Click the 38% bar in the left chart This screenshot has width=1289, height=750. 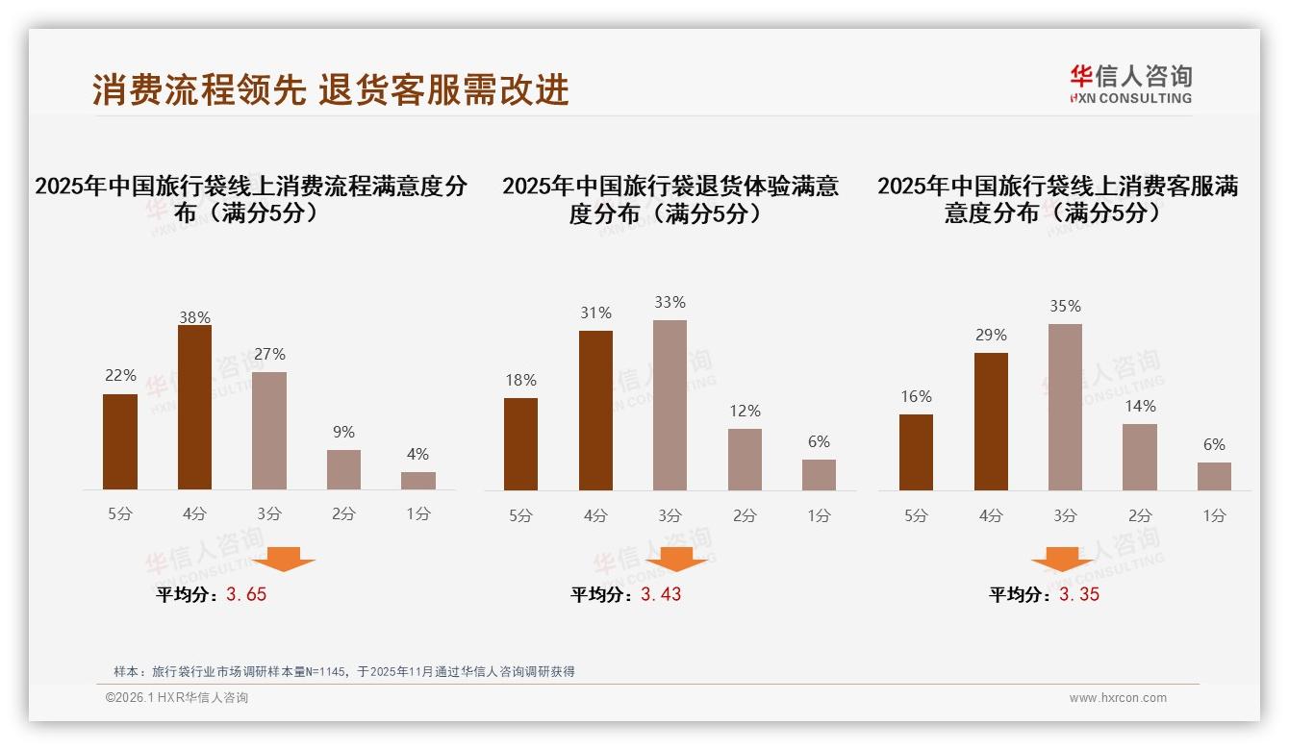click(194, 408)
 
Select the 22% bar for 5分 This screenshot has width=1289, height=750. click(120, 442)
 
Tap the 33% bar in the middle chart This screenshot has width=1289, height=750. click(670, 405)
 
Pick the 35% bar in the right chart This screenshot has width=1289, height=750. click(1065, 407)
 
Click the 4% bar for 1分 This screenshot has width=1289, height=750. click(418, 481)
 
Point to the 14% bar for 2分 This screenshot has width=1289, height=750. click(1140, 457)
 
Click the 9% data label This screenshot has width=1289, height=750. click(343, 432)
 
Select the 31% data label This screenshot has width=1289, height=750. click(595, 312)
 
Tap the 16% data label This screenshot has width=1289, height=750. click(916, 396)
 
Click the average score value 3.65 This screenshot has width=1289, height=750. click(246, 594)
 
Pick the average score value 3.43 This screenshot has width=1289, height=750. click(661, 594)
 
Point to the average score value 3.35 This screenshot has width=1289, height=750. click(1079, 594)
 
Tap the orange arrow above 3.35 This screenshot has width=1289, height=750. click(1062, 559)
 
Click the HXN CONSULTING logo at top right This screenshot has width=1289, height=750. click(1130, 84)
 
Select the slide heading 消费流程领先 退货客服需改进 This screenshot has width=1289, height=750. click(331, 89)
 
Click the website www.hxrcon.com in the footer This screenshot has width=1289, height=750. click(1118, 698)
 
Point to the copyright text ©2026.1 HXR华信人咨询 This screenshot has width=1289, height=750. click(177, 698)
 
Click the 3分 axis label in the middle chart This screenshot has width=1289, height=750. click(670, 515)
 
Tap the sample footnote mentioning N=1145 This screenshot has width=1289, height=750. click(343, 671)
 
